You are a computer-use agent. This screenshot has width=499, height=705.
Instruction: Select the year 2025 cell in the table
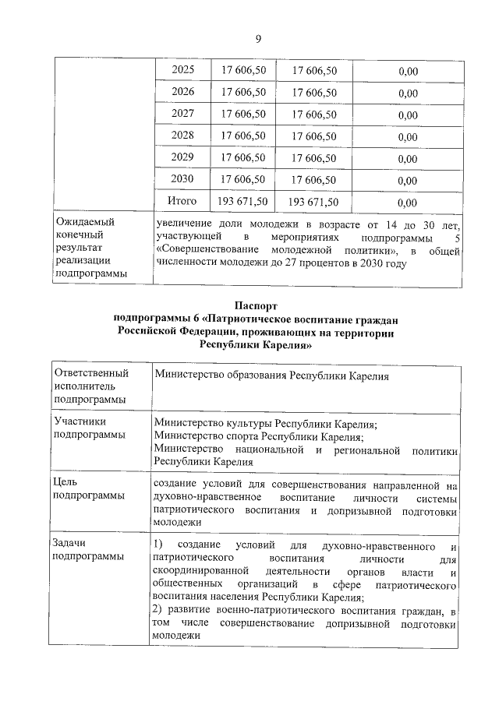(x=182, y=70)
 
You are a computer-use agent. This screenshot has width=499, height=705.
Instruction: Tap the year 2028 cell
(x=182, y=136)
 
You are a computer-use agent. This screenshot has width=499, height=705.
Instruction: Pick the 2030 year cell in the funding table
(x=182, y=179)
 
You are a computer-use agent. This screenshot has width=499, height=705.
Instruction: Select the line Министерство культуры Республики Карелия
(x=266, y=423)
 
